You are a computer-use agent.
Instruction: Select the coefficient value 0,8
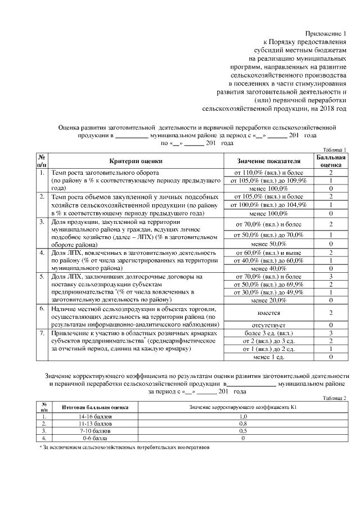243,423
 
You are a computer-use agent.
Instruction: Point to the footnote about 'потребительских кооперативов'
123,447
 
